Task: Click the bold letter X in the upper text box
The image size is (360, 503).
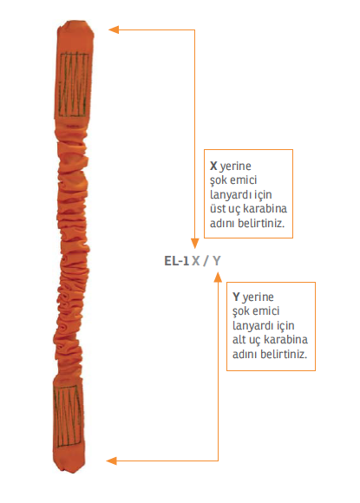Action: tap(213, 166)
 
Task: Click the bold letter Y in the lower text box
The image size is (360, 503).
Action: tap(236, 297)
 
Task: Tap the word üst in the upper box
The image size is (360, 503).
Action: tap(218, 208)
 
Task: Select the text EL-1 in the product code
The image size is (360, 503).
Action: tap(176, 261)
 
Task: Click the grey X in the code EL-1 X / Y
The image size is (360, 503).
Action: tap(196, 261)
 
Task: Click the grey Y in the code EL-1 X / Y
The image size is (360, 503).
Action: tap(217, 261)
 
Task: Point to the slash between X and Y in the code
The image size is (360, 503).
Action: tap(206, 261)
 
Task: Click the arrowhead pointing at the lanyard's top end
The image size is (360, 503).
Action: tap(114, 29)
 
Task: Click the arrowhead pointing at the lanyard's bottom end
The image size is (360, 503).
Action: tap(111, 461)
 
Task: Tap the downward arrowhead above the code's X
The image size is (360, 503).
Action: tap(195, 244)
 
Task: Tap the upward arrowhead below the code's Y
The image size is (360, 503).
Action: tap(218, 278)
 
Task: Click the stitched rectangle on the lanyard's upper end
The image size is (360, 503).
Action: tap(74, 84)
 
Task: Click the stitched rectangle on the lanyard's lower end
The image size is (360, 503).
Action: tap(68, 415)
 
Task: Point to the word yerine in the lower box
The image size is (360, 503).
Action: tap(259, 297)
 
